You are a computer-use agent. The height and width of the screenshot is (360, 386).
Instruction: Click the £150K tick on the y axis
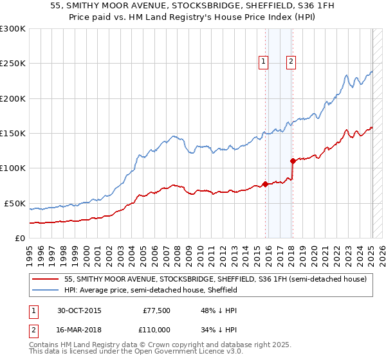(x=13, y=134)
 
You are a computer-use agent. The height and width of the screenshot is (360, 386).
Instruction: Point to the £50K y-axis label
(x=15, y=203)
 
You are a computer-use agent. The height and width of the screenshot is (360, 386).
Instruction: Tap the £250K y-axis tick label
(x=13, y=64)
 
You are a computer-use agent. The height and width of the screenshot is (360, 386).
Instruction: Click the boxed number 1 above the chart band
(x=264, y=62)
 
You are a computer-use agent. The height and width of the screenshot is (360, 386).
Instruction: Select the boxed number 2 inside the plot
(x=291, y=62)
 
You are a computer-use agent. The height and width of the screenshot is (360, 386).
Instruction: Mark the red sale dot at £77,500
(x=266, y=184)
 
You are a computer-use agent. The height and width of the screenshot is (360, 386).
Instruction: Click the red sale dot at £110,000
(x=293, y=161)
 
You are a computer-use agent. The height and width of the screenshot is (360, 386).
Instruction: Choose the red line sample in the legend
(x=46, y=280)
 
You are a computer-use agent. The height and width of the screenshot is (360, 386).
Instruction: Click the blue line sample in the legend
(x=46, y=291)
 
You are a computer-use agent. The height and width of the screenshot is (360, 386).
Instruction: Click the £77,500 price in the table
(x=156, y=310)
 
